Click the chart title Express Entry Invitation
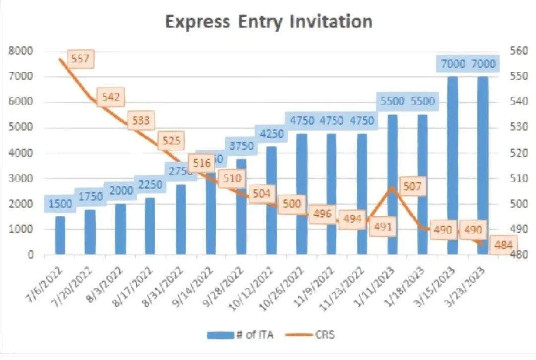[x=268, y=22]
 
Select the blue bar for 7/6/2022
[x=60, y=235]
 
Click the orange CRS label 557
[x=80, y=59]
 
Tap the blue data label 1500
[x=60, y=203]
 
